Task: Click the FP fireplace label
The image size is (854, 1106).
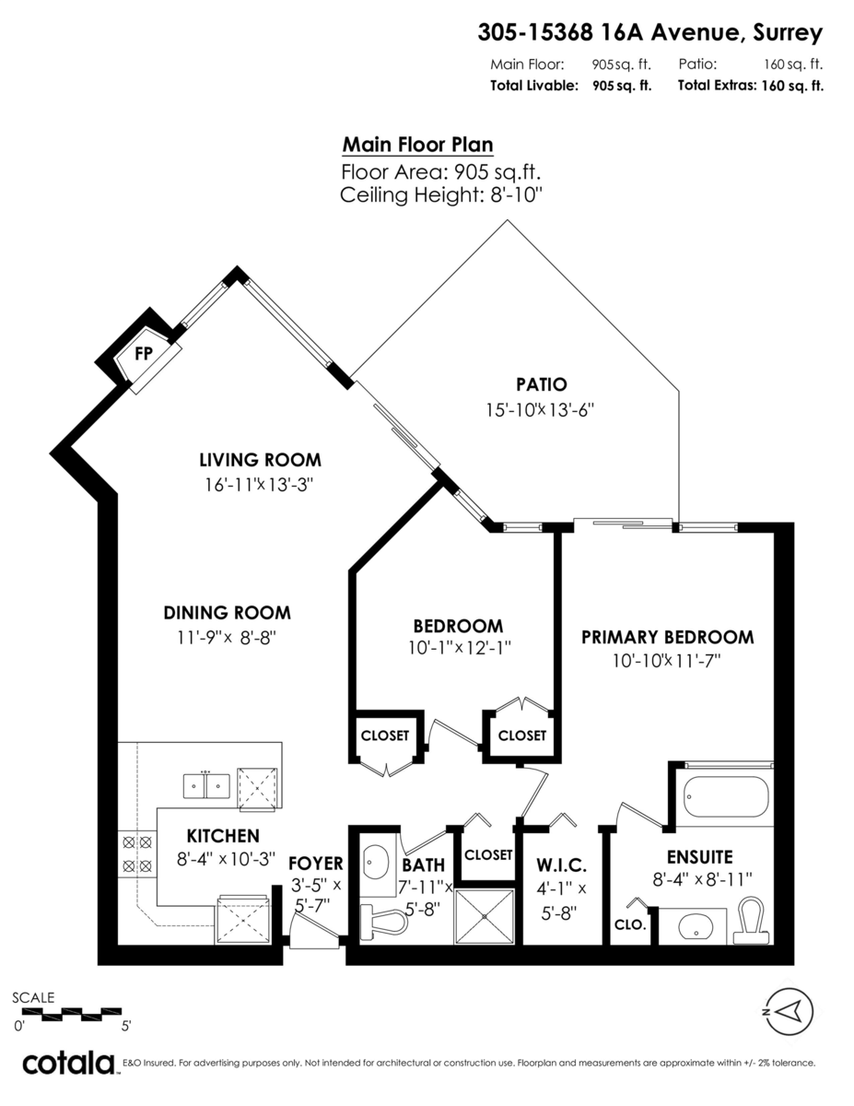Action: tap(144, 353)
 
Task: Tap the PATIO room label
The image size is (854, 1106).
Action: tap(541, 384)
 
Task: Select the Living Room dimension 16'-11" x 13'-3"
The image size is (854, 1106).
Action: tap(258, 485)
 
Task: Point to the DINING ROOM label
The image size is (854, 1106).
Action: tap(227, 612)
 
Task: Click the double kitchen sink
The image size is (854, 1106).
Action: tap(206, 786)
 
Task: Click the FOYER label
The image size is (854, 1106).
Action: tap(316, 864)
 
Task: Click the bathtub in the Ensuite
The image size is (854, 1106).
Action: tap(726, 796)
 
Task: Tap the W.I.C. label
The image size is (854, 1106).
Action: tap(562, 865)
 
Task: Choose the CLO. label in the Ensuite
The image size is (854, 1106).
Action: tap(630, 924)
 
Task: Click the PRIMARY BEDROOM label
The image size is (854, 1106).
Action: tap(667, 637)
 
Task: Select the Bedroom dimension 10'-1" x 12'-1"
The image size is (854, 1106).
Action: tap(460, 648)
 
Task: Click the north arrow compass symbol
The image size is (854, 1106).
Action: tap(789, 1011)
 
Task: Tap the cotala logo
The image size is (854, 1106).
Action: tap(69, 1064)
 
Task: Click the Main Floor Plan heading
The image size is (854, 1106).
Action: tap(417, 145)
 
